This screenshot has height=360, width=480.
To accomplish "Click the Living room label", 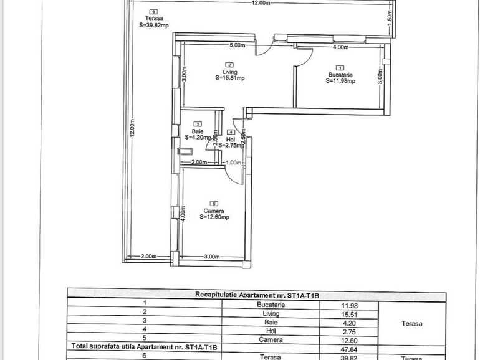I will (229, 72).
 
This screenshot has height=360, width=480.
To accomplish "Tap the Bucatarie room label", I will (341, 75).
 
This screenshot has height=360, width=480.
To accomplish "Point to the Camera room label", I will (214, 211).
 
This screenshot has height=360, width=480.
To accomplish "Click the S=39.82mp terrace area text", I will (154, 25).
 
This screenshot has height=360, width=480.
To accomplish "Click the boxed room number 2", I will (229, 65).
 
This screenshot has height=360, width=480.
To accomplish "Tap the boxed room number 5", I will (214, 204).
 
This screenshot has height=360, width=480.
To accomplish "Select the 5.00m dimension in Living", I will (238, 46).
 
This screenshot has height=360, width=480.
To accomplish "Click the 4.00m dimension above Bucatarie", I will (340, 47).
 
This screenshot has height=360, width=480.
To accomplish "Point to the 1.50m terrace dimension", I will (388, 19).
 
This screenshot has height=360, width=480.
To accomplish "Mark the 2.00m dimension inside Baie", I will (199, 162).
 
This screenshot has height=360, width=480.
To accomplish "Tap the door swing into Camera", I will (233, 176).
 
